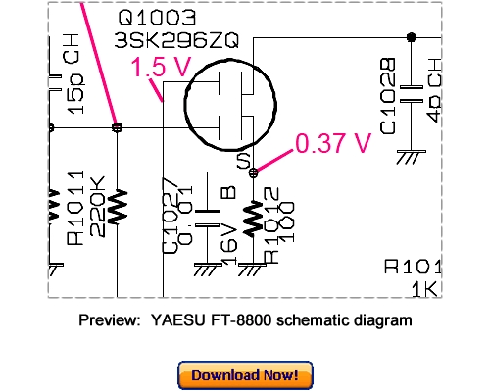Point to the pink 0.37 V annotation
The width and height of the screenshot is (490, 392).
[333, 144]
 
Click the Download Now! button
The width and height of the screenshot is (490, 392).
[245, 374]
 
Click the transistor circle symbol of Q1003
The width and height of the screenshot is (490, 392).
[232, 105]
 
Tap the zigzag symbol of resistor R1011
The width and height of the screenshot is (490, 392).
[118, 205]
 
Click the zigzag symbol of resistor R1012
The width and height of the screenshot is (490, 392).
[255, 220]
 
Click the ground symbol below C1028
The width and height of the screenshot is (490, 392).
[412, 154]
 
